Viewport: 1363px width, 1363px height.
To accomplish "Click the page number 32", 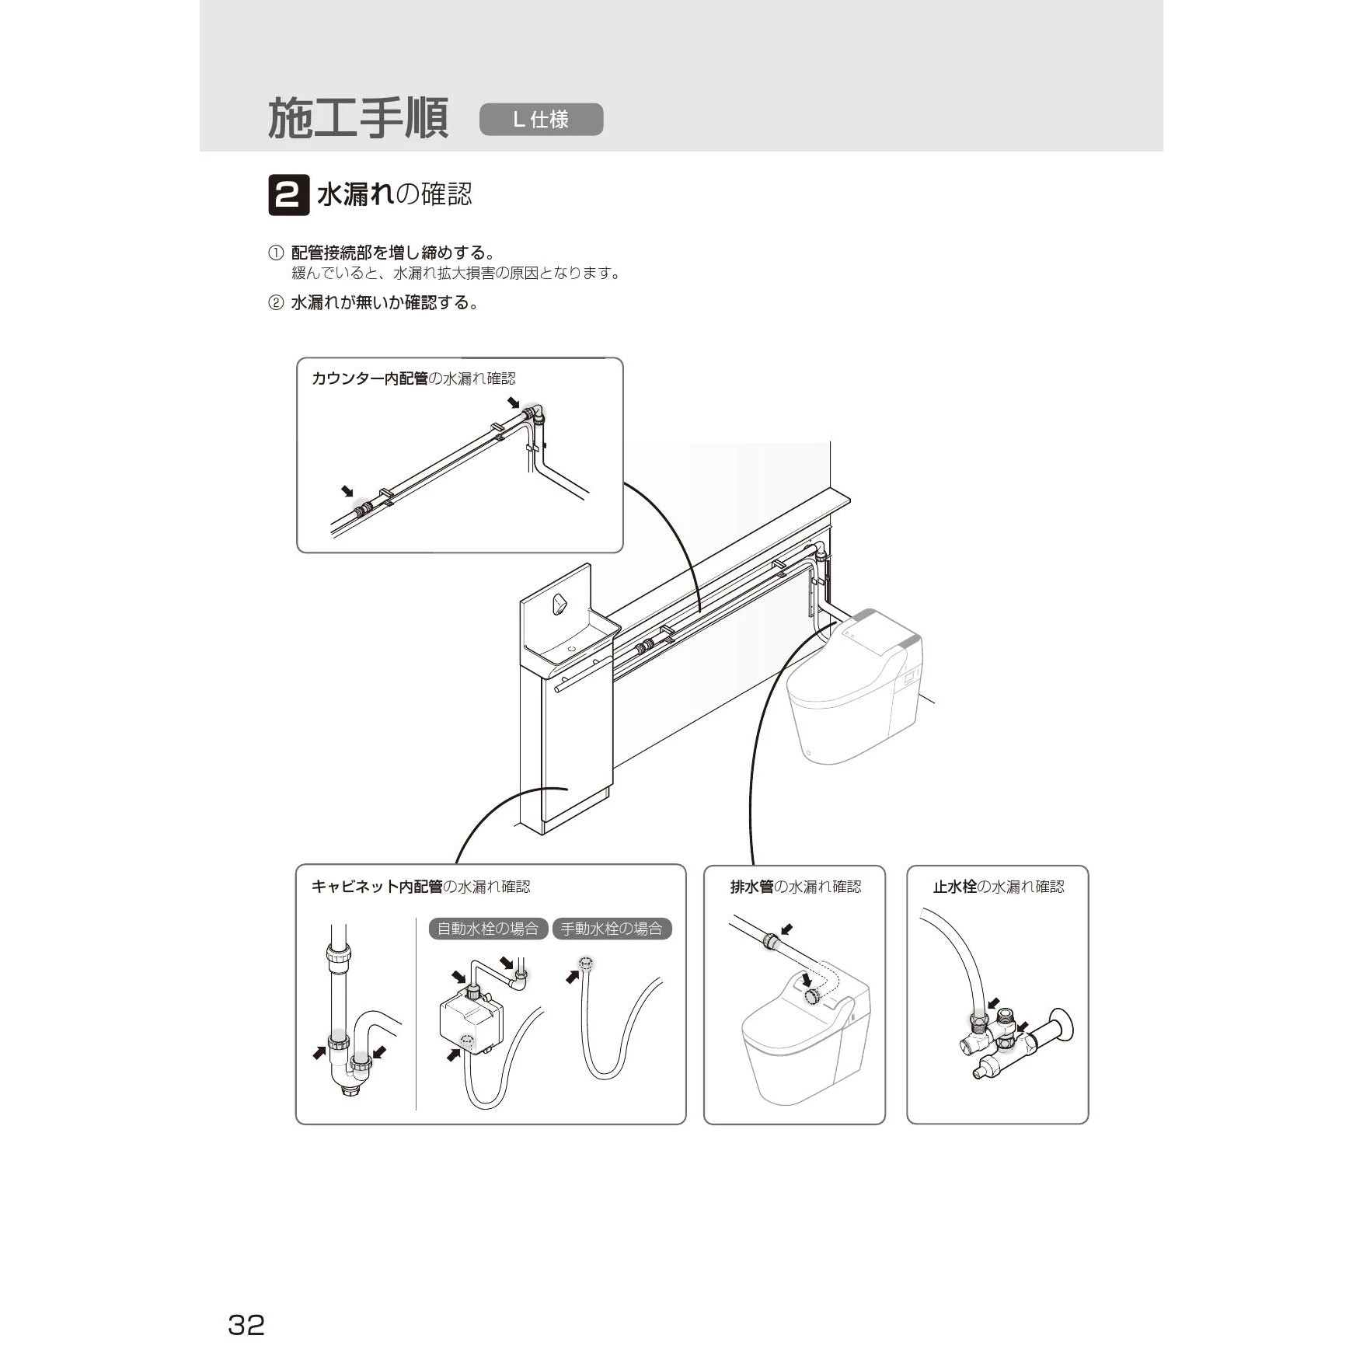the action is [246, 1324].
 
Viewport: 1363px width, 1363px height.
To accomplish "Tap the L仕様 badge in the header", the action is [541, 120].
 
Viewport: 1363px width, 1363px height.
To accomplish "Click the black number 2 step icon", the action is [288, 195].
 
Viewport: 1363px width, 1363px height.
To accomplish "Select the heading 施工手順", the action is [358, 119].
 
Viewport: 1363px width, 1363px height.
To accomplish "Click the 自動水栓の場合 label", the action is [488, 929].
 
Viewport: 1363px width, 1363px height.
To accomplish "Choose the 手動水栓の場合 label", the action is [612, 929].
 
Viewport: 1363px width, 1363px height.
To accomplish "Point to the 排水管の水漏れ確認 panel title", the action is [796, 887].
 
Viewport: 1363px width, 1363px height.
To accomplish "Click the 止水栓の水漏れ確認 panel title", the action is [999, 887].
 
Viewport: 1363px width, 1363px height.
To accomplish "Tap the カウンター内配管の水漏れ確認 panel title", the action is [413, 378].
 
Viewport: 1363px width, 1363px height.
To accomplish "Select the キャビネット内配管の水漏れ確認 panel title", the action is [420, 887].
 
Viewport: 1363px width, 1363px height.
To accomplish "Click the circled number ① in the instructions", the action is [276, 253].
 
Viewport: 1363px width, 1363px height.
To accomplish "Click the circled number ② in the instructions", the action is [276, 303].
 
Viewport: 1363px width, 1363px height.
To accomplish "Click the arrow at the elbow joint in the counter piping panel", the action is [514, 403].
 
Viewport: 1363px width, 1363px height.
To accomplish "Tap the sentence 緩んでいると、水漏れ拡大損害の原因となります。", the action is [456, 274].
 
